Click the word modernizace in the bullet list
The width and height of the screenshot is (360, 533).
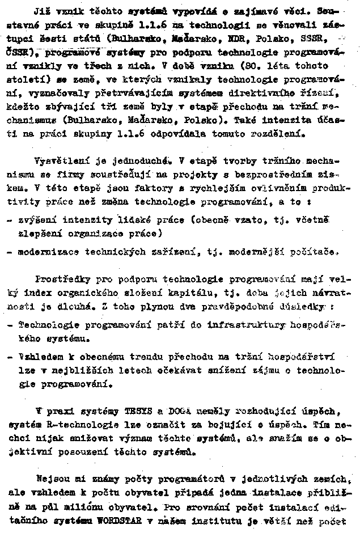[x=46, y=251]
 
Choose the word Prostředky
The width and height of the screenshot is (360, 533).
[x=62, y=279]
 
